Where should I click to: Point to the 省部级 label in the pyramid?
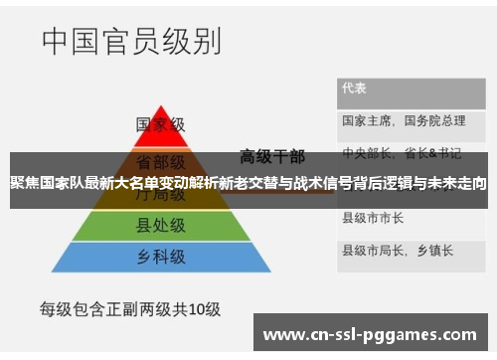tap(159, 161)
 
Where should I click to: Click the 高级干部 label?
tap(271, 155)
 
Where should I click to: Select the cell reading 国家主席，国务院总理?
tap(403, 120)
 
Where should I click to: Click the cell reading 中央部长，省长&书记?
tap(402, 154)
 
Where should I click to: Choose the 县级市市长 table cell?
tap(373, 217)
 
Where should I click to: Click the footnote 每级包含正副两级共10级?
tap(129, 309)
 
